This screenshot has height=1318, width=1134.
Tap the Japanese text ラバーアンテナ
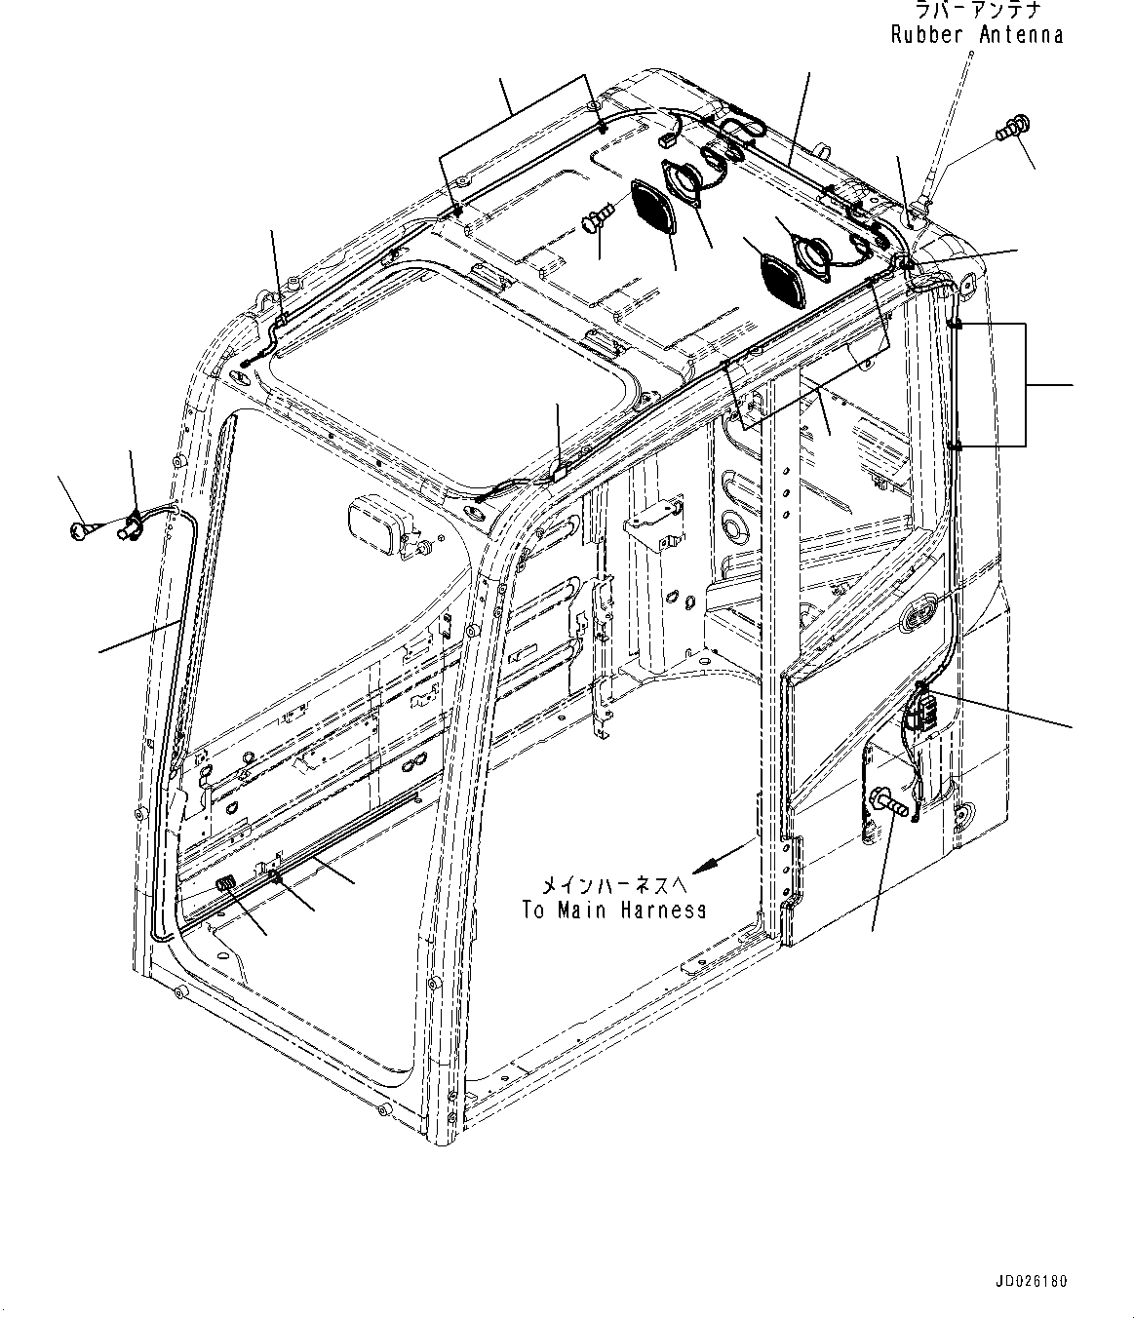(978, 11)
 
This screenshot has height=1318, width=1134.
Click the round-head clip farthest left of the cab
(80, 529)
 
